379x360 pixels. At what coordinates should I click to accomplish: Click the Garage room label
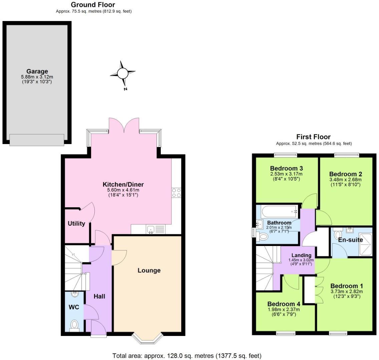(37, 71)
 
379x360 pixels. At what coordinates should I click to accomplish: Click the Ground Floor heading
(93, 5)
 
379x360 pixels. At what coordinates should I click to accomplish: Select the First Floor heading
(313, 137)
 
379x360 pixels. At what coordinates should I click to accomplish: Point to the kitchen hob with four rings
(176, 193)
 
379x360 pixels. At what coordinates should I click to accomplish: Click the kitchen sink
(150, 229)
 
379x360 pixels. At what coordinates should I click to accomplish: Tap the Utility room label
(76, 224)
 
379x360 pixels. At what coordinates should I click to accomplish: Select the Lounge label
(149, 270)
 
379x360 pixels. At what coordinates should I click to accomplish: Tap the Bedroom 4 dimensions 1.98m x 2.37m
(284, 309)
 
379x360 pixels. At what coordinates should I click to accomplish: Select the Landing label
(301, 255)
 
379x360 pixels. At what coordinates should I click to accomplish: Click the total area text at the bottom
(187, 356)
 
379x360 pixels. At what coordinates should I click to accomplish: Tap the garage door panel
(37, 140)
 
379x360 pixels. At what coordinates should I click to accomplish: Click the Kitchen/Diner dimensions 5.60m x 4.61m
(123, 190)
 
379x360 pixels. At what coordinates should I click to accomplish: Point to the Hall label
(99, 296)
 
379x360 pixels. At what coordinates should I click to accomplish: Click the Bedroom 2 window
(347, 155)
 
